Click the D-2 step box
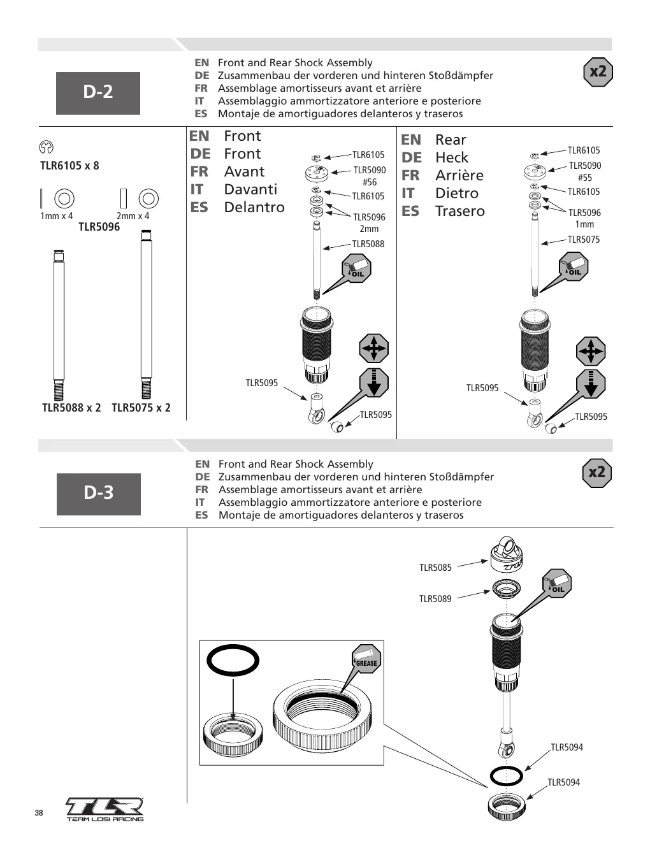[98, 93]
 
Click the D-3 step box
[99, 494]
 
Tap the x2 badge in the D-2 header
[598, 72]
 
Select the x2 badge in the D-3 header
[597, 473]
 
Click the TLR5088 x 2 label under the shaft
[71, 408]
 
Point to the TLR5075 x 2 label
[141, 408]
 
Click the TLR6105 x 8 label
[69, 166]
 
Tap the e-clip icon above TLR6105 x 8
[46, 147]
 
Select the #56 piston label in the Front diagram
[370, 182]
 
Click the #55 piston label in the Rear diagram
[584, 178]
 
